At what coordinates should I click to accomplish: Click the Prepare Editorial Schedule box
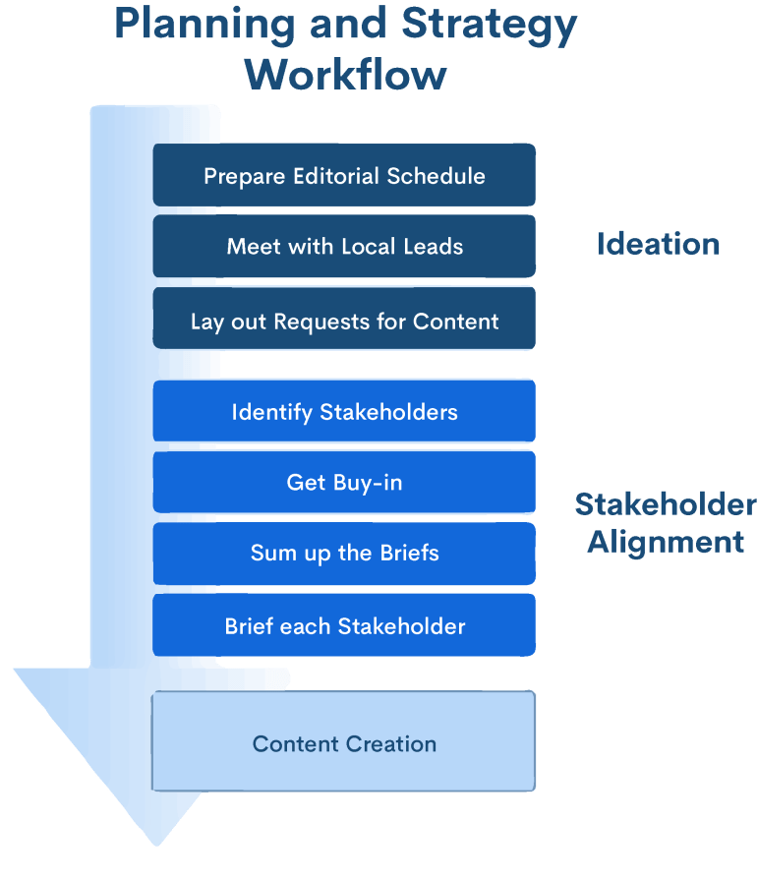coord(344,175)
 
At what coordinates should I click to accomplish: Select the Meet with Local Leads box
coord(344,246)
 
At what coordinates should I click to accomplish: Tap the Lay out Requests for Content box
coord(344,321)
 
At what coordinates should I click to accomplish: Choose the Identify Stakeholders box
coord(344,411)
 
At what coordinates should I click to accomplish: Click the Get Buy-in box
coord(344,482)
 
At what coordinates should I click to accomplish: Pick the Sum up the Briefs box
coord(344,553)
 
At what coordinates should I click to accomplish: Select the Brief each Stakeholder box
coord(344,625)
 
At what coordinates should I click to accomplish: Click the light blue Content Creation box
coord(344,743)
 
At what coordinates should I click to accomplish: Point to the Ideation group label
coord(658,244)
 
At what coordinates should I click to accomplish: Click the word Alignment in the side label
coord(666,541)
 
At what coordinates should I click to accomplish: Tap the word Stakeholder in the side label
coord(666,504)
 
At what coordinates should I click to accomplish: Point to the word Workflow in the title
coord(346,74)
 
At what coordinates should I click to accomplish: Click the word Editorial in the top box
coord(336,175)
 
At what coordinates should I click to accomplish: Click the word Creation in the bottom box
coord(390,743)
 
